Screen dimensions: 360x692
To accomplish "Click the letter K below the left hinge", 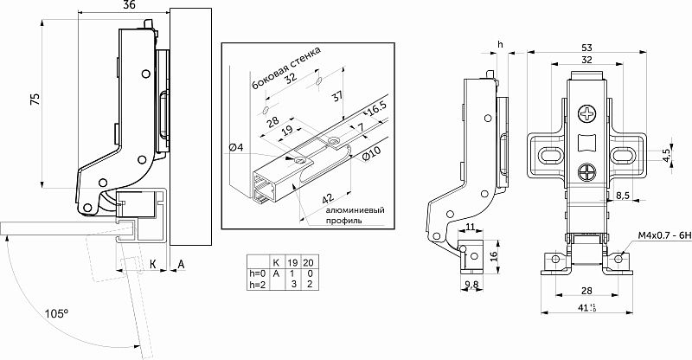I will [152, 263].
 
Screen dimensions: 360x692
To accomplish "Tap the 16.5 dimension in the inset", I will [375, 110].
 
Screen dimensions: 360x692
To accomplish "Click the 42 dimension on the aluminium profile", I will [328, 196].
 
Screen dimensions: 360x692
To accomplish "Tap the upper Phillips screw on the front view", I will [587, 113].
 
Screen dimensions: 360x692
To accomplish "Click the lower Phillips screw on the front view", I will [587, 172].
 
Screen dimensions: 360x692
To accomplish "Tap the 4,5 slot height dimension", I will [665, 155].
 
